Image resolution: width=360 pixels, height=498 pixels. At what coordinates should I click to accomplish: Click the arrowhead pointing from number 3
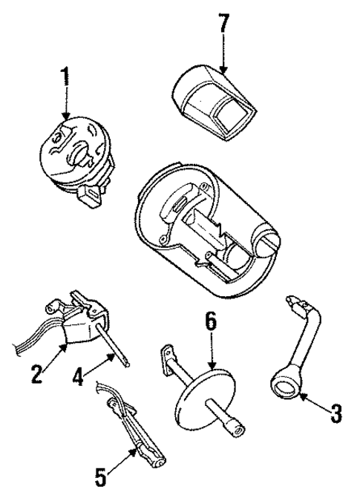[x=304, y=399]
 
